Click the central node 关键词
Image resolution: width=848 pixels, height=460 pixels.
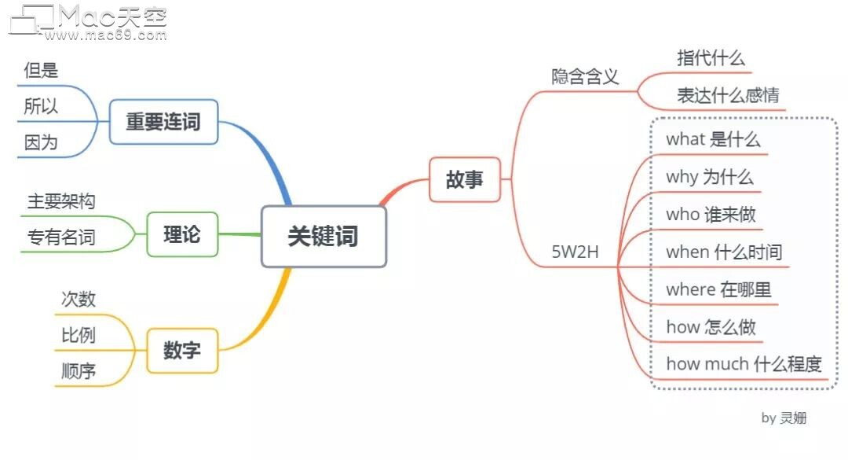323,236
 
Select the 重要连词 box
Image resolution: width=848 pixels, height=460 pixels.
163,122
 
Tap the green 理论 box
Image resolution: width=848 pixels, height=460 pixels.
182,234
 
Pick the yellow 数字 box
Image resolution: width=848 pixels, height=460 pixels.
182,351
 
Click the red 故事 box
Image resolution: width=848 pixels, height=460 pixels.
465,180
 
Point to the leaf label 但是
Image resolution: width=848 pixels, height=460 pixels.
41,71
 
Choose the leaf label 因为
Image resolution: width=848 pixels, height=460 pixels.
41,143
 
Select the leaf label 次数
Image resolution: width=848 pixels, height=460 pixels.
79,299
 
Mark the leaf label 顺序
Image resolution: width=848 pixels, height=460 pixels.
79,371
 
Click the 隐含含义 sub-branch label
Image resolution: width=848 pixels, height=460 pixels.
585,76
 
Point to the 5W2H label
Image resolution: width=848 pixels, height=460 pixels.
575,252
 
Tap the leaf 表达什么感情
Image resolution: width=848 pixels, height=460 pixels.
728,96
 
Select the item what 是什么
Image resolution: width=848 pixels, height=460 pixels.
713,140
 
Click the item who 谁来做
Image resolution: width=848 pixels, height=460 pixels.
711,215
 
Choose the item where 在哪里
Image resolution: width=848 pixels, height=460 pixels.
718,289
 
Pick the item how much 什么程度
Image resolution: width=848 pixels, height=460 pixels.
744,364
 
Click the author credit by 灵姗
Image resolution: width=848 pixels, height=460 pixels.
784,418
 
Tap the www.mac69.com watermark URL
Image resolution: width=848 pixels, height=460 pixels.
105,35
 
